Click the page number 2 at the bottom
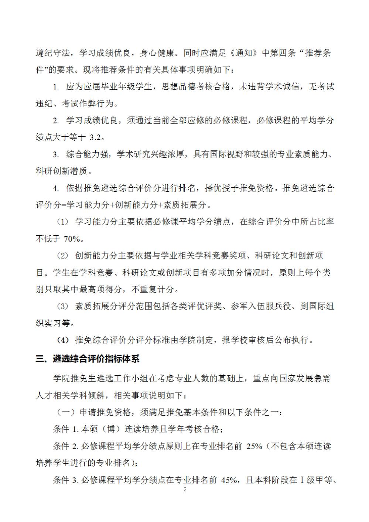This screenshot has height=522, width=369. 185,489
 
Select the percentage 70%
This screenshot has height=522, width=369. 72,239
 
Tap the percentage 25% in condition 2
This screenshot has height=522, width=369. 254,446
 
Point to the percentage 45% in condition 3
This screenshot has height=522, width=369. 229,480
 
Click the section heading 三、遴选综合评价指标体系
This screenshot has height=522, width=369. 88,358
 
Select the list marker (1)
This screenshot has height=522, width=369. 63,222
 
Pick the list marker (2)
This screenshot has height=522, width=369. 63,256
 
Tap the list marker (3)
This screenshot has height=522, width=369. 63,306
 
